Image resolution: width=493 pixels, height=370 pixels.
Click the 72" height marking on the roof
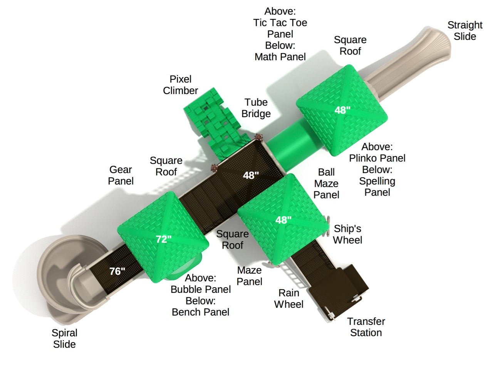[164, 239]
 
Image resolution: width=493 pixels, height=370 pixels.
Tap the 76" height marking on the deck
[117, 271]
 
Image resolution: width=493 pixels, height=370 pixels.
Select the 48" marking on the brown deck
[251, 175]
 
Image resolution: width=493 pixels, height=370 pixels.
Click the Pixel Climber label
[180, 85]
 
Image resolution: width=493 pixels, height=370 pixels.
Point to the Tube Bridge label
[256, 108]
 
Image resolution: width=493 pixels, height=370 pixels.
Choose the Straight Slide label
[465, 31]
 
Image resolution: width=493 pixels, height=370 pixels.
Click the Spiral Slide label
[64, 338]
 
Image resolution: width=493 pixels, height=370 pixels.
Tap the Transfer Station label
[366, 327]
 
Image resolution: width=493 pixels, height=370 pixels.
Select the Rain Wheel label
[288, 299]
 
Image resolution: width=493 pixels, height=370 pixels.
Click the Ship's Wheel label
[347, 234]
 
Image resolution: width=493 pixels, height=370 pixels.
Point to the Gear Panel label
[121, 175]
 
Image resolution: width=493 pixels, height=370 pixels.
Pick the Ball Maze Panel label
[326, 183]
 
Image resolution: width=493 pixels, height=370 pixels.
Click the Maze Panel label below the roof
[249, 276]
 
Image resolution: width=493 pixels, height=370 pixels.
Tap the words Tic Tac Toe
[280, 23]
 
